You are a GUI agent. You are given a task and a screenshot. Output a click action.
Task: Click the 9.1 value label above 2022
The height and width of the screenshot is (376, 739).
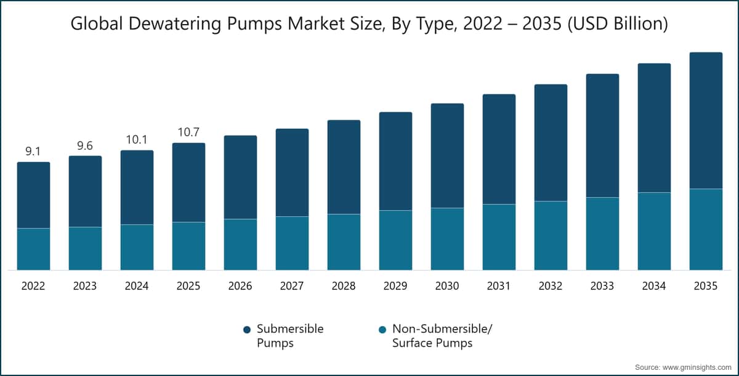point(33,150)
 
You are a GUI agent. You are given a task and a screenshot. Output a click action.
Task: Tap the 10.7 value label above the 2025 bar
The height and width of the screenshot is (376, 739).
point(188,132)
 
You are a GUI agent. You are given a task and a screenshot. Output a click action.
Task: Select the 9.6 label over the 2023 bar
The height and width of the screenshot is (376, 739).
point(85,145)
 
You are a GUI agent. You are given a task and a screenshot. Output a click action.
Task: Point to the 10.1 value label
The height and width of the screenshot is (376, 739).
point(137,139)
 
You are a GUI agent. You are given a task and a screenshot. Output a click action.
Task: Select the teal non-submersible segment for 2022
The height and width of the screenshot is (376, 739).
point(33,249)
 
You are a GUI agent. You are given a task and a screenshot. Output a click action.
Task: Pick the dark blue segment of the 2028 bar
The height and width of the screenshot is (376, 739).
point(344,166)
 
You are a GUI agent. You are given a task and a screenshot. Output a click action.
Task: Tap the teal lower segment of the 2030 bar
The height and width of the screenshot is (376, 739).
point(447,239)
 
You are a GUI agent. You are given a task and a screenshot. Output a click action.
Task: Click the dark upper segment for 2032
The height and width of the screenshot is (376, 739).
point(551,142)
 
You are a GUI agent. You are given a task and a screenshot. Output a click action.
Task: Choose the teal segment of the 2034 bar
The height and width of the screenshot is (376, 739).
point(654,231)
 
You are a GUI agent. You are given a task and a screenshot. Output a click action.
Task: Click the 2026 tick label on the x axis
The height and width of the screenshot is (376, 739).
point(240,287)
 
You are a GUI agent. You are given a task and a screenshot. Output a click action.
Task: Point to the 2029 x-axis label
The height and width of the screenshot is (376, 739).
point(395,287)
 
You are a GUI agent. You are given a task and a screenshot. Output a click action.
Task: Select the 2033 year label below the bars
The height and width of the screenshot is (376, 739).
point(602,287)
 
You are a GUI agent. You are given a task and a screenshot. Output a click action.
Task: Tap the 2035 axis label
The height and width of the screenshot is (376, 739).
point(706,287)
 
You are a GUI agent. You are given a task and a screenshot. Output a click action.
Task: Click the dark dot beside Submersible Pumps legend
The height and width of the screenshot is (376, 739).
point(246,330)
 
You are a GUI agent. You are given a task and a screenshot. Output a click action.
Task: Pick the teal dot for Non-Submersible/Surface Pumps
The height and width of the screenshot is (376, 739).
point(382,330)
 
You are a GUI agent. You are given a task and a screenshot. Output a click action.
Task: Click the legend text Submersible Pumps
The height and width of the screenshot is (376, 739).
point(289,336)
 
